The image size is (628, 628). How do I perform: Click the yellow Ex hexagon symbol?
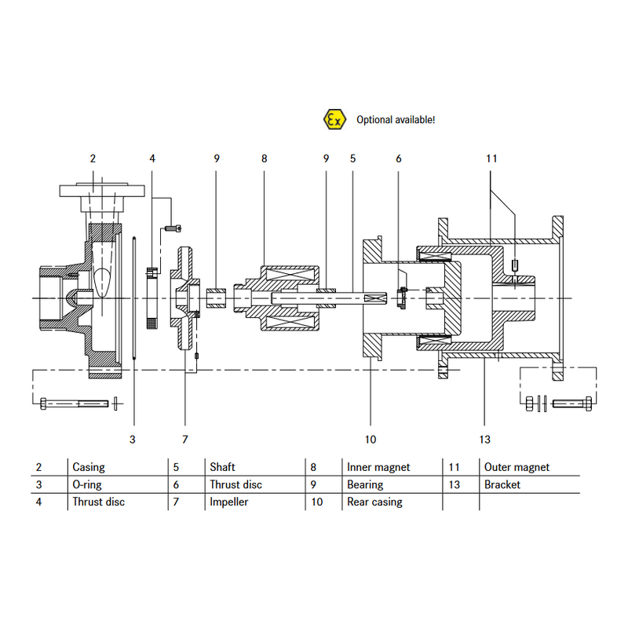[334, 119]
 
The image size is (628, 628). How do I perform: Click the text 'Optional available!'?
[396, 120]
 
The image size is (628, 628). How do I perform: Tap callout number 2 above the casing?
[93, 159]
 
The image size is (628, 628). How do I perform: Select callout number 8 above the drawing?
[264, 159]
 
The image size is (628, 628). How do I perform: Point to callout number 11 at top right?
[491, 159]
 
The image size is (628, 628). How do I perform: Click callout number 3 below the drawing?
[133, 440]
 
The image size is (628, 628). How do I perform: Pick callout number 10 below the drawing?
[371, 440]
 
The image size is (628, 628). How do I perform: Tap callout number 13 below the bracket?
[484, 440]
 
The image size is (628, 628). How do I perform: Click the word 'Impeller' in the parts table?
[228, 502]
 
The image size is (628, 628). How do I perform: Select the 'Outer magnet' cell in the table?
[517, 467]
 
